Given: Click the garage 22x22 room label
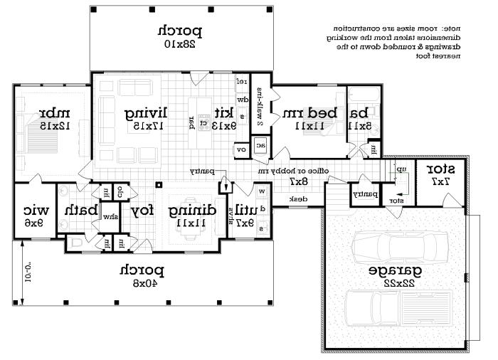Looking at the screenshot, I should (393, 276).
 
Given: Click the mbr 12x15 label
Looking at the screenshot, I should (53, 118).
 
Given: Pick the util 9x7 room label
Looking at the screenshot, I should (244, 214).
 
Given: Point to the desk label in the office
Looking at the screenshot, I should (298, 199).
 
